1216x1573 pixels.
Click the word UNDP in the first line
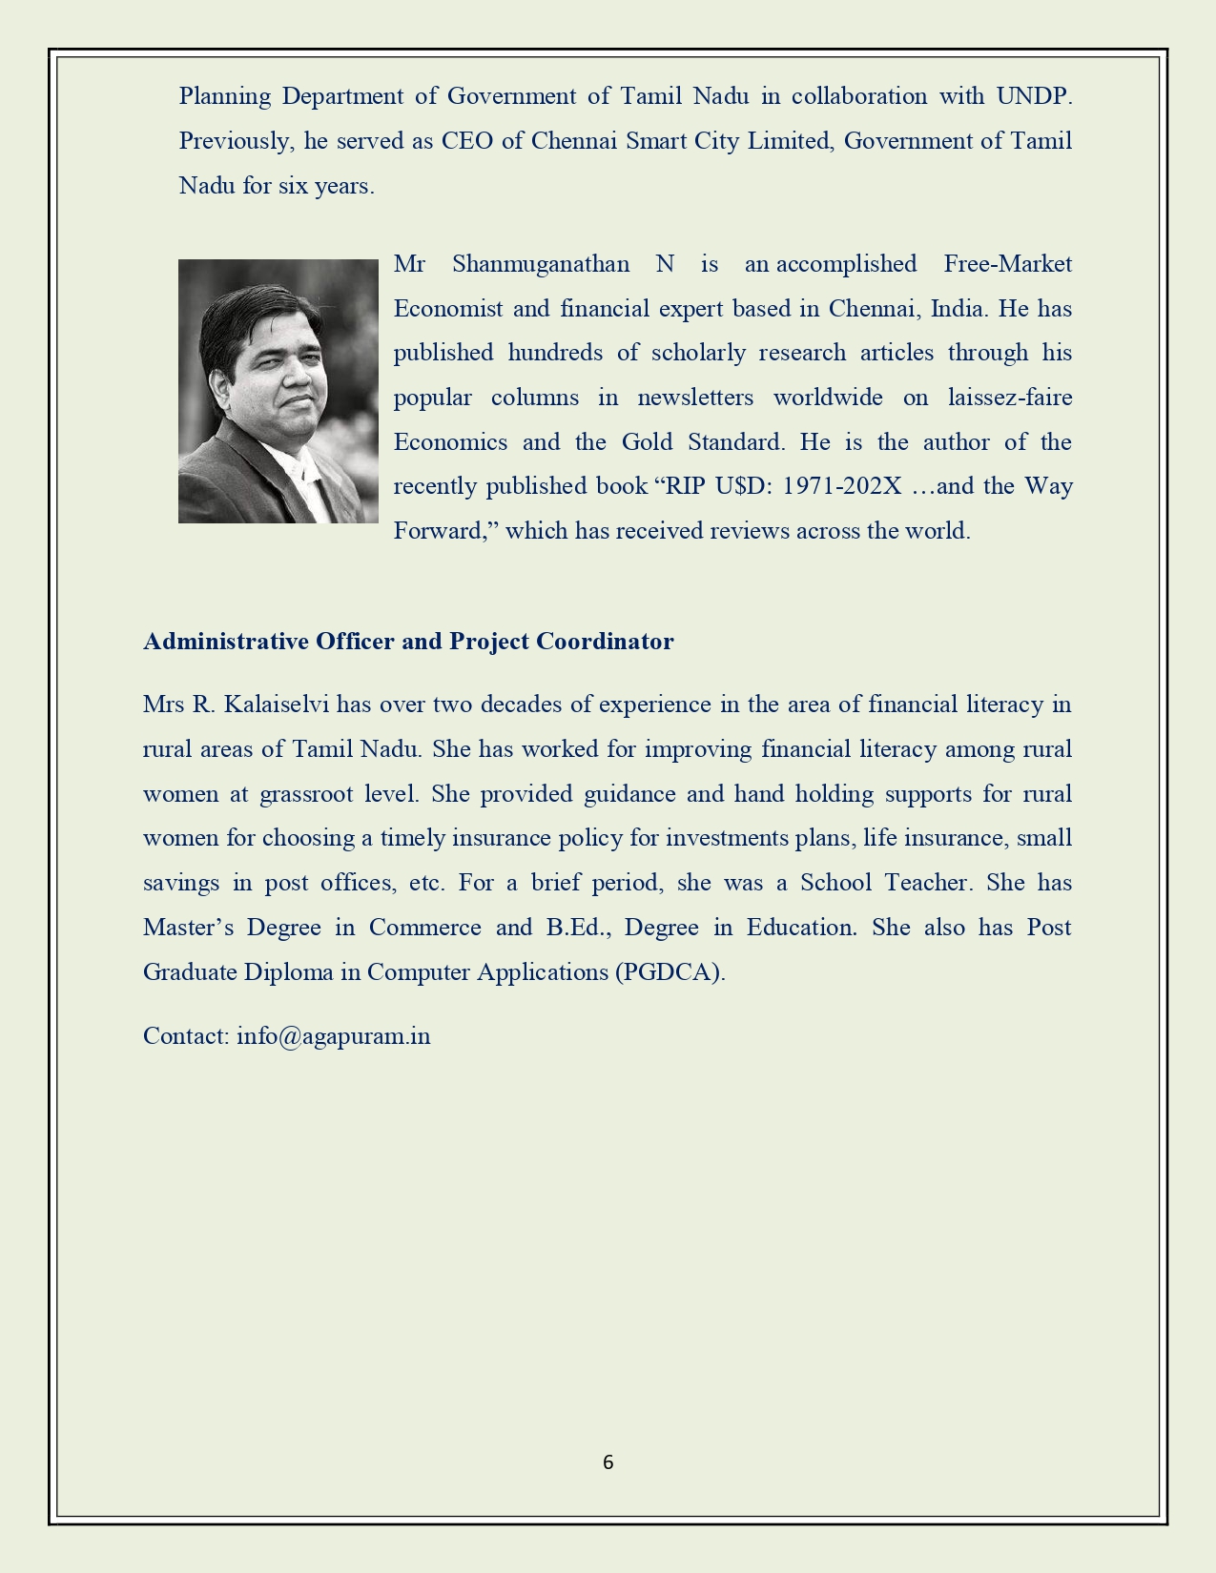click(1034, 96)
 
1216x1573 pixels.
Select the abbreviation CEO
click(466, 141)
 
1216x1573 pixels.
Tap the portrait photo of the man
click(278, 391)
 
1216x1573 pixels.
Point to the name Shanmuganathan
click(540, 264)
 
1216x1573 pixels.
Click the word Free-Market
click(1007, 264)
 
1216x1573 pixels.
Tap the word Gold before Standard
click(647, 442)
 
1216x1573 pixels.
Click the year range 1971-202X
click(841, 486)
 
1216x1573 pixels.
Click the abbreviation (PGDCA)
click(670, 972)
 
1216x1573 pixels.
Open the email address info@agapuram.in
click(333, 1036)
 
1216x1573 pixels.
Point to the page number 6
click(608, 1462)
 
